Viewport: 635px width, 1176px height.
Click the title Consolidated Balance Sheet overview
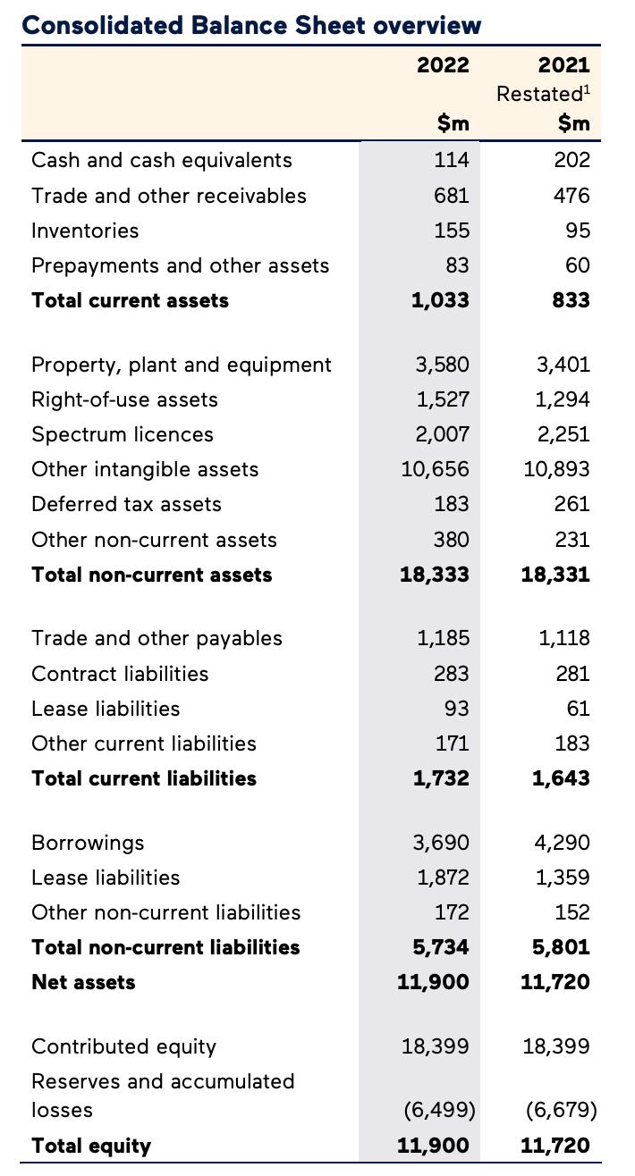point(251,24)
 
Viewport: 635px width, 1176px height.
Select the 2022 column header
point(443,64)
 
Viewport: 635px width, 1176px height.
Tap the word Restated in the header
point(539,94)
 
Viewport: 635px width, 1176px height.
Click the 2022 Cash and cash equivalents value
point(452,160)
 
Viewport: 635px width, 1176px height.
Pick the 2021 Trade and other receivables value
point(571,196)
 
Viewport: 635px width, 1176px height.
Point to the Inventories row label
point(85,231)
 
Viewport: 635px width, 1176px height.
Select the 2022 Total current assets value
point(440,300)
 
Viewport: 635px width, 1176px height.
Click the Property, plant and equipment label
point(181,365)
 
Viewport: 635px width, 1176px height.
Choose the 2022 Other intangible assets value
point(435,469)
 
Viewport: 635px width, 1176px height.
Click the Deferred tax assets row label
point(126,504)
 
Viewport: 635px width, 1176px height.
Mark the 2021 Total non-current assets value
point(555,575)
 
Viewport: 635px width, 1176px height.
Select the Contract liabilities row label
point(120,674)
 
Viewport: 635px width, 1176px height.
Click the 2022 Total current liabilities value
point(441,778)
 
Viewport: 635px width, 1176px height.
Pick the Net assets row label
point(83,982)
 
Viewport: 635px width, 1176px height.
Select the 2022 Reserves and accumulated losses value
point(439,1110)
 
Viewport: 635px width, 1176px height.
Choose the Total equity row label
point(91,1146)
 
